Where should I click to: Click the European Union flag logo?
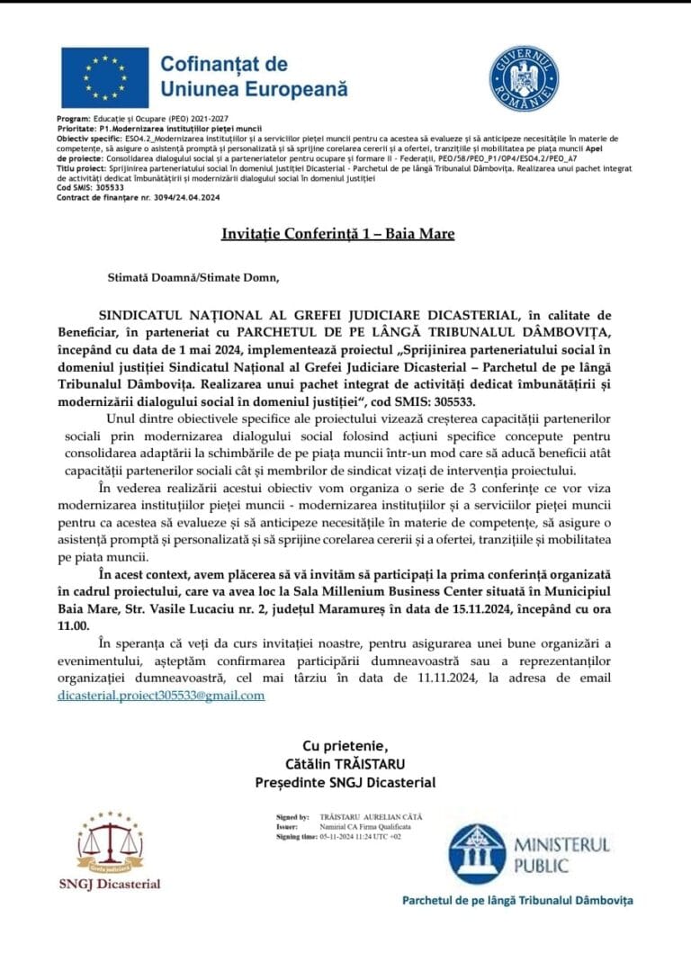[104, 78]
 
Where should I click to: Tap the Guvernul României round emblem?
[524, 78]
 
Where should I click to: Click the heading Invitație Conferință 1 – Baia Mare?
[338, 234]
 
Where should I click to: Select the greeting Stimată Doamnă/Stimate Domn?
[193, 276]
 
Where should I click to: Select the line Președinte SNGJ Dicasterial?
[345, 782]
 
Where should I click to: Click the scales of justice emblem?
[109, 842]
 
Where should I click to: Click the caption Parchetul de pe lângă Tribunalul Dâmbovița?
[517, 900]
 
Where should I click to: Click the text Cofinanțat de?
[224, 64]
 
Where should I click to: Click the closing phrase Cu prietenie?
[345, 746]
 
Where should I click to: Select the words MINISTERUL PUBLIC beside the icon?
[561, 855]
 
